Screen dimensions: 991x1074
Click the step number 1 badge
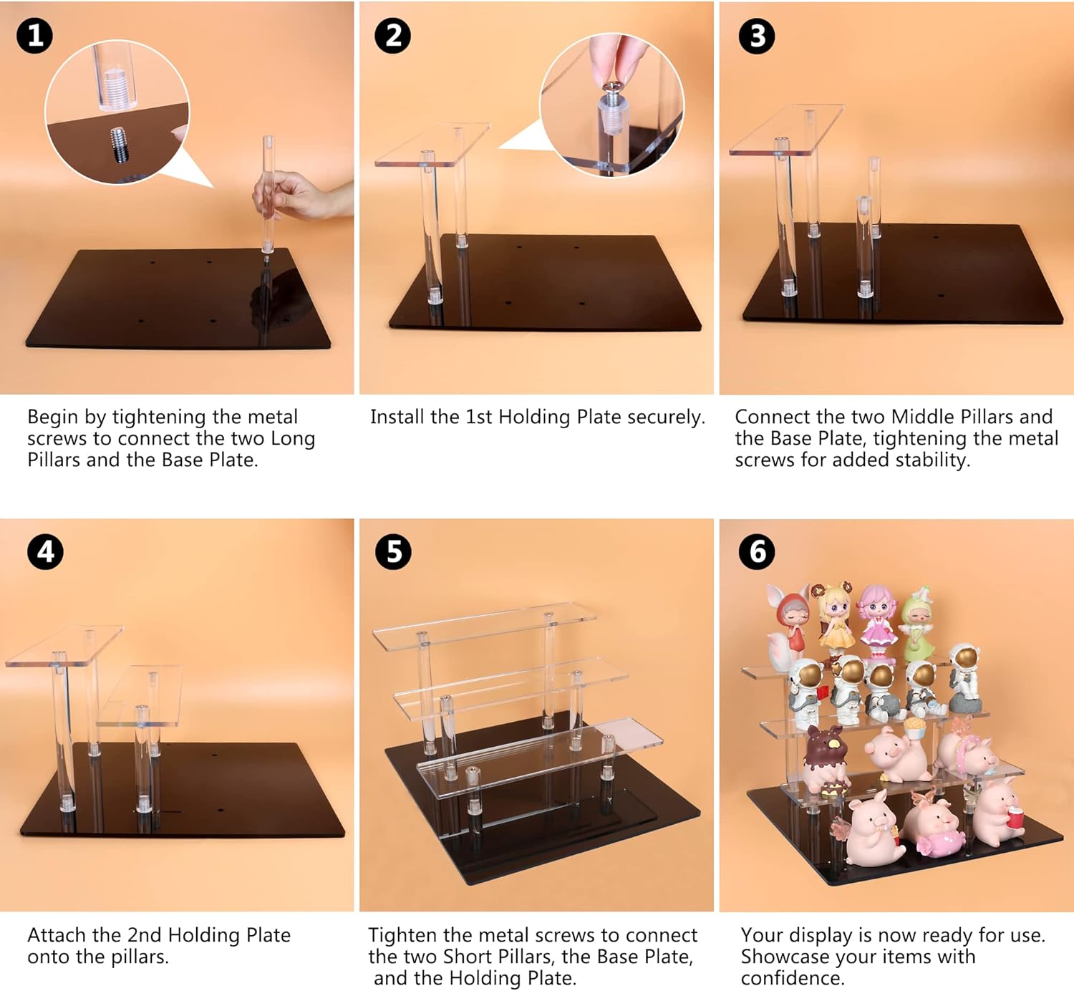[34, 35]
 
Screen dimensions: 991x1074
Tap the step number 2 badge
[392, 36]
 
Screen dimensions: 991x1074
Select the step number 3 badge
[757, 36]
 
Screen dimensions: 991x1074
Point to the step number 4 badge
[45, 552]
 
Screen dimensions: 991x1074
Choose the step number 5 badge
[393, 552]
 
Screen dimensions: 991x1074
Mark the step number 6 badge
[757, 552]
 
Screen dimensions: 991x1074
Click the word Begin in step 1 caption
[52, 417]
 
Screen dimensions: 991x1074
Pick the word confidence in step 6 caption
[792, 978]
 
